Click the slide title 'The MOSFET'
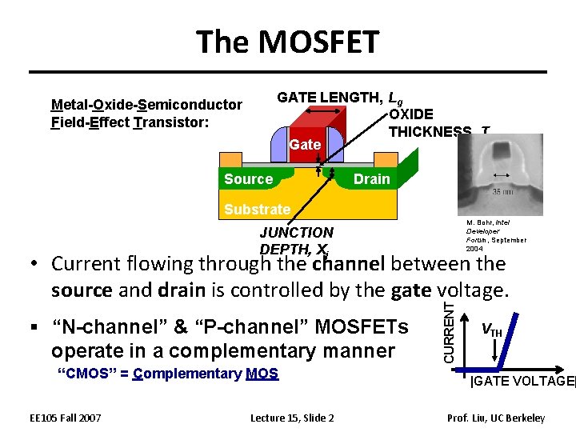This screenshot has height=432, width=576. [x=288, y=42]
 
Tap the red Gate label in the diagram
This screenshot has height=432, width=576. [x=305, y=145]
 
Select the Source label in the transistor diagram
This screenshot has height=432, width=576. [x=248, y=179]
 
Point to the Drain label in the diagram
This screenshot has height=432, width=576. [x=372, y=179]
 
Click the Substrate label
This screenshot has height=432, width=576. [x=257, y=210]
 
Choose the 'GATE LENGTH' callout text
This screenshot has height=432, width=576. [x=329, y=98]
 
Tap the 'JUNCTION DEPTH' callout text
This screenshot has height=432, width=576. [x=297, y=233]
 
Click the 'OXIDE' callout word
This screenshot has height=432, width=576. [x=411, y=114]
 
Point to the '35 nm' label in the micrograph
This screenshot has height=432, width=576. [x=502, y=192]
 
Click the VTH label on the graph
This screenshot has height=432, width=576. [x=492, y=330]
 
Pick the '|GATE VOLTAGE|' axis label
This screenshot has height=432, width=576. [x=522, y=382]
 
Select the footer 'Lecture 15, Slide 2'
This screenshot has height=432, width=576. [x=292, y=418]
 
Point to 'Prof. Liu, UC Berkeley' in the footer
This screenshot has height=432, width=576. [x=497, y=418]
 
